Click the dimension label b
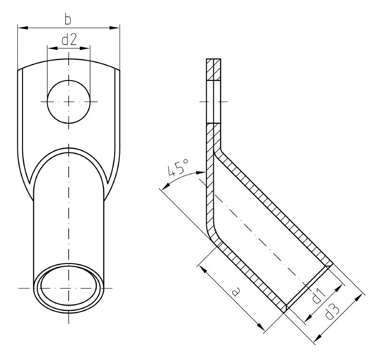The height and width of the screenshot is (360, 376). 69,20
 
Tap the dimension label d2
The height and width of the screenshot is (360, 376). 69,40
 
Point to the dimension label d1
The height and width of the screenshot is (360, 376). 317,296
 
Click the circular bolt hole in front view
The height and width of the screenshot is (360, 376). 69,102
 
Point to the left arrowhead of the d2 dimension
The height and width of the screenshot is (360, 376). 50,48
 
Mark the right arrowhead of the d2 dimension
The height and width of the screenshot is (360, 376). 87,48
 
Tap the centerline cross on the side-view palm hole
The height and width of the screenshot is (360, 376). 213,102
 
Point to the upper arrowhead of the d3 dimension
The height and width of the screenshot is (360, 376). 362,296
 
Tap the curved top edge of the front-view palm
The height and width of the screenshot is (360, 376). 69,60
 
